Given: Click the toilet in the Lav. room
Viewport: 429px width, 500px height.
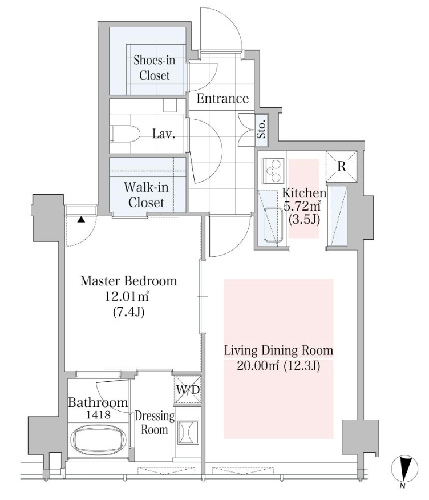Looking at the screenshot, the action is pos(125,134).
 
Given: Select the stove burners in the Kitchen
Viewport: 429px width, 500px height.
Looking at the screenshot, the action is pos(273,171).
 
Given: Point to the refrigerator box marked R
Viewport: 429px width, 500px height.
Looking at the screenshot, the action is pos(341,166).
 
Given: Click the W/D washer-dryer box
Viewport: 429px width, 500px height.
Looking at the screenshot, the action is pos(188,389).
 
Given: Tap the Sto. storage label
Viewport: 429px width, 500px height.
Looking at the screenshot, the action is pos(261,128).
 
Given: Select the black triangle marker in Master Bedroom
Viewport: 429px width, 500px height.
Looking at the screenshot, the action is pos(81,219).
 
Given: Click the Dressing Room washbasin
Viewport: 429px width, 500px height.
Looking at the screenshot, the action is pos(188,433).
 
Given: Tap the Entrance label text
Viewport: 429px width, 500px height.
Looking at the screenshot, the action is pos(222,99).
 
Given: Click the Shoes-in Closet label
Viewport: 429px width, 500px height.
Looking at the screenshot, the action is pos(154,67).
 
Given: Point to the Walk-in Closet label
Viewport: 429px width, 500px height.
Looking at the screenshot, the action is pos(146,195).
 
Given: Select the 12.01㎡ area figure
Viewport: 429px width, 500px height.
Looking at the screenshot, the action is pos(127,297).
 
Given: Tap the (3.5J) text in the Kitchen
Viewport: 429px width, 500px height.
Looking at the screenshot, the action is pos(304,220).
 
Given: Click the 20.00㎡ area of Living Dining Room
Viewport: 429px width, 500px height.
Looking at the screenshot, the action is pos(258,366).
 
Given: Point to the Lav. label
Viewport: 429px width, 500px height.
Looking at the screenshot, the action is pos(164,134).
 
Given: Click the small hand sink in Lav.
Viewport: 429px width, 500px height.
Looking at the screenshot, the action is pos(170,105).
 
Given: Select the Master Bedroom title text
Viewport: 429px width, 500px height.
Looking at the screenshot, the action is pos(128,281).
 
